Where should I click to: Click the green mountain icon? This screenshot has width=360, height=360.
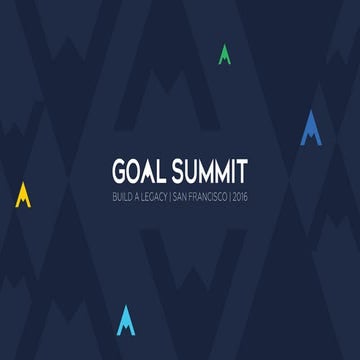pyautogui.click(x=225, y=54)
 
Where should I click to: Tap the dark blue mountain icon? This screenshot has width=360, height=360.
pyautogui.click(x=311, y=128)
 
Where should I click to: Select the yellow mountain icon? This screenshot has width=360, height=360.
pyautogui.click(x=23, y=195)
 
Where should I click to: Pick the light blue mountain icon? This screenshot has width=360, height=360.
pyautogui.click(x=125, y=320)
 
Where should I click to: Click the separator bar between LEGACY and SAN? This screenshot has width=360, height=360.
pyautogui.click(x=170, y=187)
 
